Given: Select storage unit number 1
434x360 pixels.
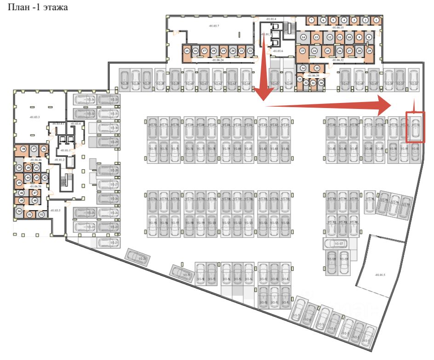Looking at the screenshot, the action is pos(377,20).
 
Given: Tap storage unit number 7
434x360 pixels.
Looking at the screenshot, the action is pos(311,20).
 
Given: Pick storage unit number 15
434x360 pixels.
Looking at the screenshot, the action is pos(187,51).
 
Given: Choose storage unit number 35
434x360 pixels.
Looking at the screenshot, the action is pos(317,68).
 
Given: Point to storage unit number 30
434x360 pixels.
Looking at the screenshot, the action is pos(321,83).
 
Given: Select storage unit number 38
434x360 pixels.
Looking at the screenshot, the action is pos(23,149).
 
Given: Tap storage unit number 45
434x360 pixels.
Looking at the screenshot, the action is pos(19,183).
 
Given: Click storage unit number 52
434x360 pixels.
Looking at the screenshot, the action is pos(41,214).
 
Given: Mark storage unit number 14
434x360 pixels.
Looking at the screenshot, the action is pos(303,37).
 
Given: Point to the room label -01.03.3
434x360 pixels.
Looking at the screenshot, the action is pos(34,117).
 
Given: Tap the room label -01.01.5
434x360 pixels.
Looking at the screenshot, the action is pos(380,274).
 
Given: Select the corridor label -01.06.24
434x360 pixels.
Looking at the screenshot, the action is pos(218,60).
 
